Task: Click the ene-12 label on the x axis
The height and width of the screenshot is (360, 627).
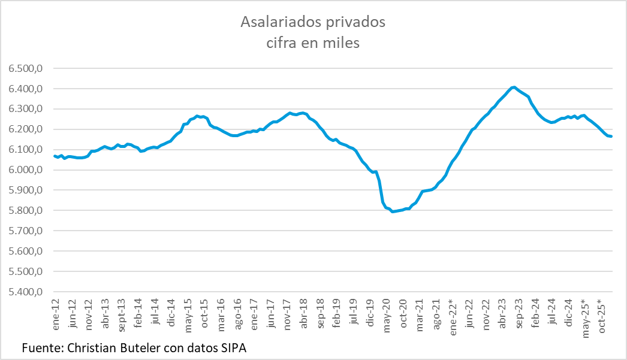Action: point(56,319)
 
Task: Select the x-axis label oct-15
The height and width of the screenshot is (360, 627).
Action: point(204,319)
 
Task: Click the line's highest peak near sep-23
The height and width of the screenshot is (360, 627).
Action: point(514,87)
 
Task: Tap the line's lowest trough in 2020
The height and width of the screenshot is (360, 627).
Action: point(393,211)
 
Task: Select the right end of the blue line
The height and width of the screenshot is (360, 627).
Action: point(611,137)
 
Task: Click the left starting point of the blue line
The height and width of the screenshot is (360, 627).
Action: point(55,156)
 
